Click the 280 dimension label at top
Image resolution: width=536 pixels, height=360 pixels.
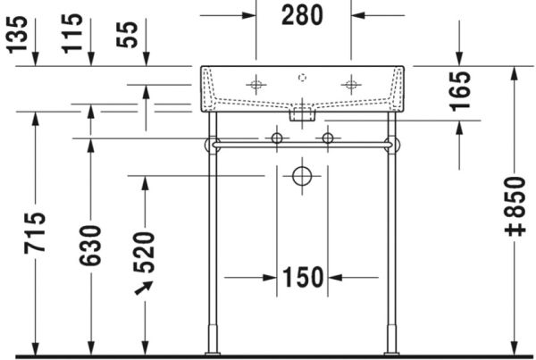pyautogui.click(x=302, y=15)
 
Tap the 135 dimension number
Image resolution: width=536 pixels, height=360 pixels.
pyautogui.click(x=18, y=35)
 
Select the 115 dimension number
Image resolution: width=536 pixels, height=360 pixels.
pyautogui.click(x=72, y=34)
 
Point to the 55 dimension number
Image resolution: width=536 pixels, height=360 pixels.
pyautogui.click(x=127, y=35)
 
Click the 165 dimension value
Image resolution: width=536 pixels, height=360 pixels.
pyautogui.click(x=460, y=91)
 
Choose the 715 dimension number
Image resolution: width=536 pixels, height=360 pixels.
pyautogui.click(x=35, y=233)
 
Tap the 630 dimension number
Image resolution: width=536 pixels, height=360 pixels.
pyautogui.click(x=90, y=246)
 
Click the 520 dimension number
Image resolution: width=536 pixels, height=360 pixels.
pyautogui.click(x=144, y=252)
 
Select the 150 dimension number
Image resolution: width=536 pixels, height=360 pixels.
pyautogui.click(x=303, y=277)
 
